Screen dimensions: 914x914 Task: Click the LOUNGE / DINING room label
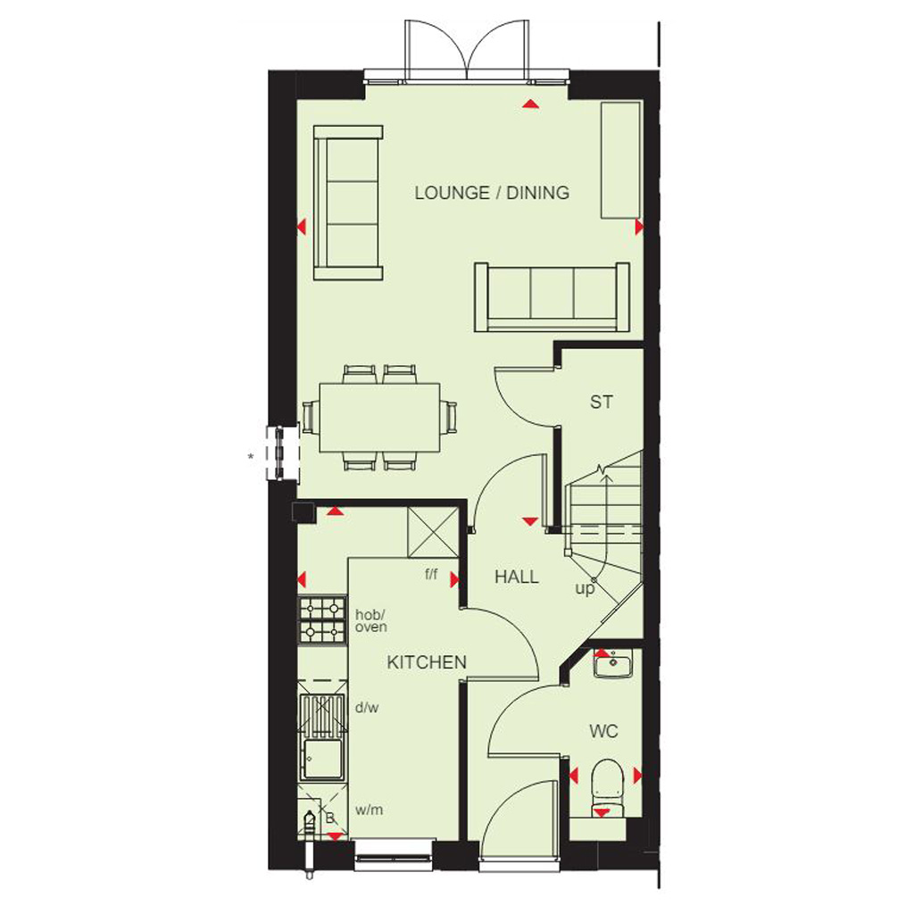point(492,193)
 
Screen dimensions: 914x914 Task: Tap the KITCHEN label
point(427,662)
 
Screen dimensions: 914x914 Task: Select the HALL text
point(517,577)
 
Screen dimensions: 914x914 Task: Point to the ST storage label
point(602,403)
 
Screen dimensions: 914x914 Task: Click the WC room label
point(603,731)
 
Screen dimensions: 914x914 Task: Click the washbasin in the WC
point(612,664)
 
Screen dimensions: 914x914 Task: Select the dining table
point(379,418)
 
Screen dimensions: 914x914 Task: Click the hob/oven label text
point(370,621)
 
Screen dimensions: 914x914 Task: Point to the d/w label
point(367,708)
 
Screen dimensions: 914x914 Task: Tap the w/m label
point(369,810)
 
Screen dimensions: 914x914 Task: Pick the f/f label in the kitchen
point(431,574)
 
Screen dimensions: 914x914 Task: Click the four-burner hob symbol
point(322,619)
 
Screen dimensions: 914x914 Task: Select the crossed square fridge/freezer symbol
point(433,532)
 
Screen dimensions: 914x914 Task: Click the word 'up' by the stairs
point(585,589)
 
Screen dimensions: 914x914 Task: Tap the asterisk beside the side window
point(251,457)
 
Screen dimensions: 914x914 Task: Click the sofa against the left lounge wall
point(348,203)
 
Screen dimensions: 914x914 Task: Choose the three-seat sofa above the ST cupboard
point(552,297)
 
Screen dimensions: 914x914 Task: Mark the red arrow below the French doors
point(530,104)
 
